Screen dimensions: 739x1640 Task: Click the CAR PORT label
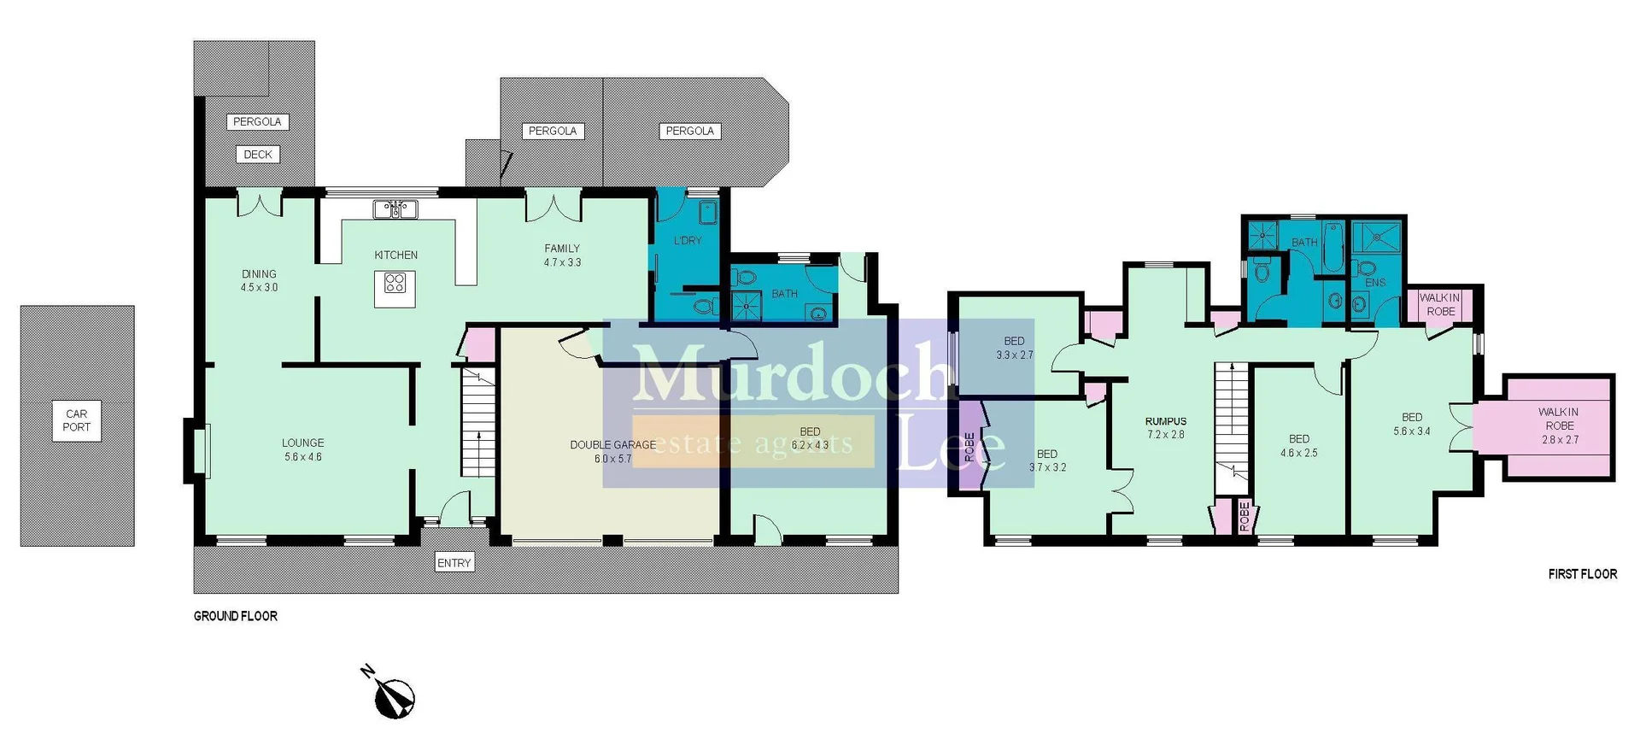(76, 420)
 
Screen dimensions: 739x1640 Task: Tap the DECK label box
(258, 155)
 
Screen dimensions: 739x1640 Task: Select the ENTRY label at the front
(454, 562)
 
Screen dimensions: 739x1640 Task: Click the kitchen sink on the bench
(395, 208)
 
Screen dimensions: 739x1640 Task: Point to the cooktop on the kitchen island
(395, 283)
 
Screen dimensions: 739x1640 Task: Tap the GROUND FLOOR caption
(235, 616)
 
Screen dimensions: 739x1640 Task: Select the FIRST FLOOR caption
(1582, 574)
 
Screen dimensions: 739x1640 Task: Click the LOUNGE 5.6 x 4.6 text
(302, 449)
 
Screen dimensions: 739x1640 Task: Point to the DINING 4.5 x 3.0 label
(259, 280)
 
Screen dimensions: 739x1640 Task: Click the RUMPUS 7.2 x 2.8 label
(1166, 427)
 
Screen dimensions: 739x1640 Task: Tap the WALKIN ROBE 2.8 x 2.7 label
(1559, 425)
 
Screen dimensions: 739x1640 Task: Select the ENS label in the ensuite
(1375, 282)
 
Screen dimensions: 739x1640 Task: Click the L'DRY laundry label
(688, 241)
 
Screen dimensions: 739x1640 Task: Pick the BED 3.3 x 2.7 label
(1014, 348)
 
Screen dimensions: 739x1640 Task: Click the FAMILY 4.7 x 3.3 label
(562, 255)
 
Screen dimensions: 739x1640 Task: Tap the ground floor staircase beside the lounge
(478, 423)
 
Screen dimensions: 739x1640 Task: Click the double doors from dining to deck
(259, 205)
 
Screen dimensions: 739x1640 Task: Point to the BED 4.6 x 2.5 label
(1298, 445)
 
